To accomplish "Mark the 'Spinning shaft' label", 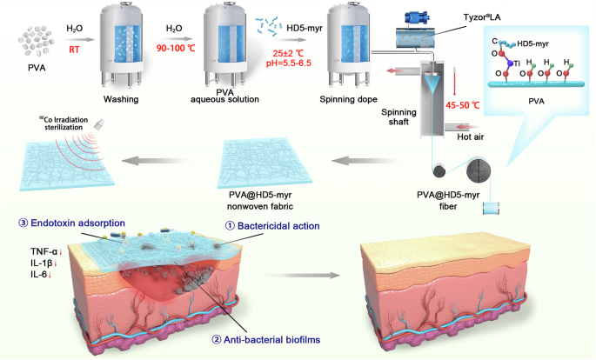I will [402, 115].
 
